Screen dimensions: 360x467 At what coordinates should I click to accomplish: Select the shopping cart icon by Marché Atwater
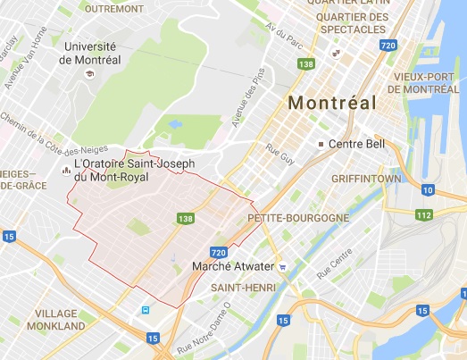click(x=282, y=266)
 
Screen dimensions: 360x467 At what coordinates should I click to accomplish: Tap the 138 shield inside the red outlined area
click(x=185, y=218)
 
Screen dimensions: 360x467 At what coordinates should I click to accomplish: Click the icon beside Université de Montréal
click(x=90, y=73)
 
